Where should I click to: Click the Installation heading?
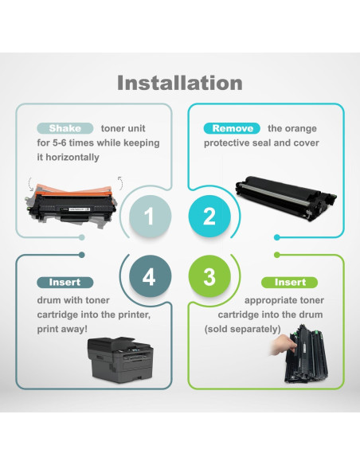coord(180,83)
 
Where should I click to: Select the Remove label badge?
coord(233,128)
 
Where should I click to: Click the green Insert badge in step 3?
coord(290,283)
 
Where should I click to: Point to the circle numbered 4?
coord(148,277)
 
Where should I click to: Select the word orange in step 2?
coord(303,128)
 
